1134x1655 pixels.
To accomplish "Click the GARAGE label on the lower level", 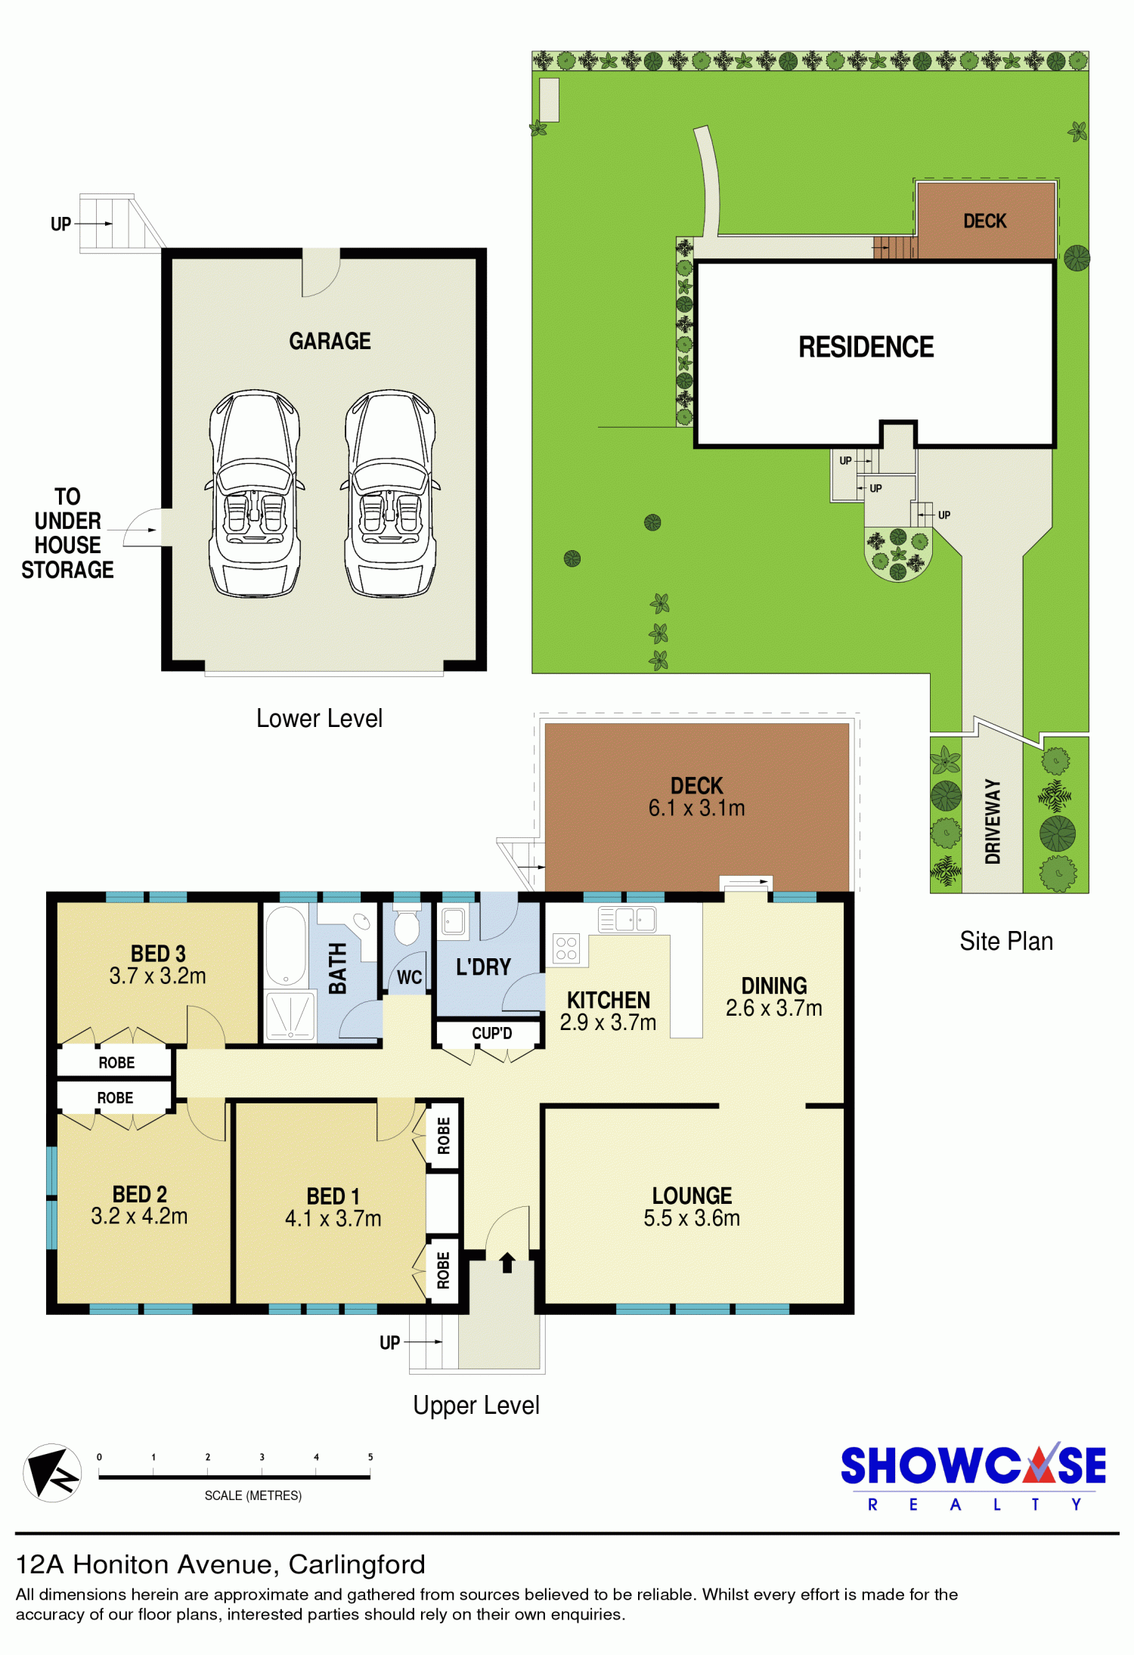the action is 330,341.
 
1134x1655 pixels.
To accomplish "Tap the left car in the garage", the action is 255,493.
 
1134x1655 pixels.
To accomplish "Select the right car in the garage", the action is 390,493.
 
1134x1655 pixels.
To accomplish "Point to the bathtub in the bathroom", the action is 286,945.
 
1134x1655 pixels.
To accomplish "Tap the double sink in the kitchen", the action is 627,919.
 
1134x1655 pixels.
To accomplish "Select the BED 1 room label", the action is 333,1207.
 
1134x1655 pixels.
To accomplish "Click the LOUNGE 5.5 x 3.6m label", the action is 692,1206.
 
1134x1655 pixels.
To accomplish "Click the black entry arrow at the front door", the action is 507,1262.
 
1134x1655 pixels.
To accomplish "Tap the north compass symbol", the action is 52,1472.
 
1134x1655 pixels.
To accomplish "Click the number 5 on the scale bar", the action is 370,1457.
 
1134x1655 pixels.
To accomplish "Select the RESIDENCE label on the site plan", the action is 866,347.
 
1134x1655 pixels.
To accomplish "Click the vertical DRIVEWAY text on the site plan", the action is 992,821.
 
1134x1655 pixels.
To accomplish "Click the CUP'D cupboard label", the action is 492,1033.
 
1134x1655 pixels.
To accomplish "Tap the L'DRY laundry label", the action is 483,967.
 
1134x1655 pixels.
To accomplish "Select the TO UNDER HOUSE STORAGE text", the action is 67,533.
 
